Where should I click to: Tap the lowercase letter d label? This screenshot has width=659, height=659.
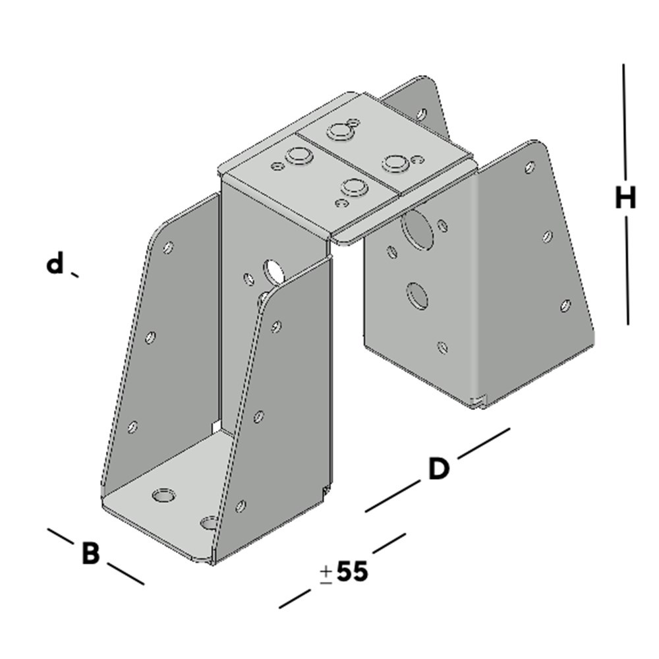point(55,264)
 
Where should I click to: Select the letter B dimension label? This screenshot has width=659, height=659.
point(90,554)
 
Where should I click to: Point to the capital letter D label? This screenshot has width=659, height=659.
point(438,469)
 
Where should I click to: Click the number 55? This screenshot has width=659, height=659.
point(352,572)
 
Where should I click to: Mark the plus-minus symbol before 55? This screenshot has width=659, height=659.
point(326,575)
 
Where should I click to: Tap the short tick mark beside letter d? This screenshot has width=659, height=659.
point(74,274)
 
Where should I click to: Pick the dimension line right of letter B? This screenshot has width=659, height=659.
point(125,573)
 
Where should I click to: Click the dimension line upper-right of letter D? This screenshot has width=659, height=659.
point(484,442)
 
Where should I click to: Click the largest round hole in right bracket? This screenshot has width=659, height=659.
point(416,227)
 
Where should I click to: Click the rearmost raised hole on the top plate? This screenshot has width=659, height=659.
point(341,131)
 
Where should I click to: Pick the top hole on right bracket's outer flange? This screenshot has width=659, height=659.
point(529,167)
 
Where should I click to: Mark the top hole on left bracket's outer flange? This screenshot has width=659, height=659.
point(168,248)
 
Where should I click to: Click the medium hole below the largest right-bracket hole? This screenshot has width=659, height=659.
point(416,295)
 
